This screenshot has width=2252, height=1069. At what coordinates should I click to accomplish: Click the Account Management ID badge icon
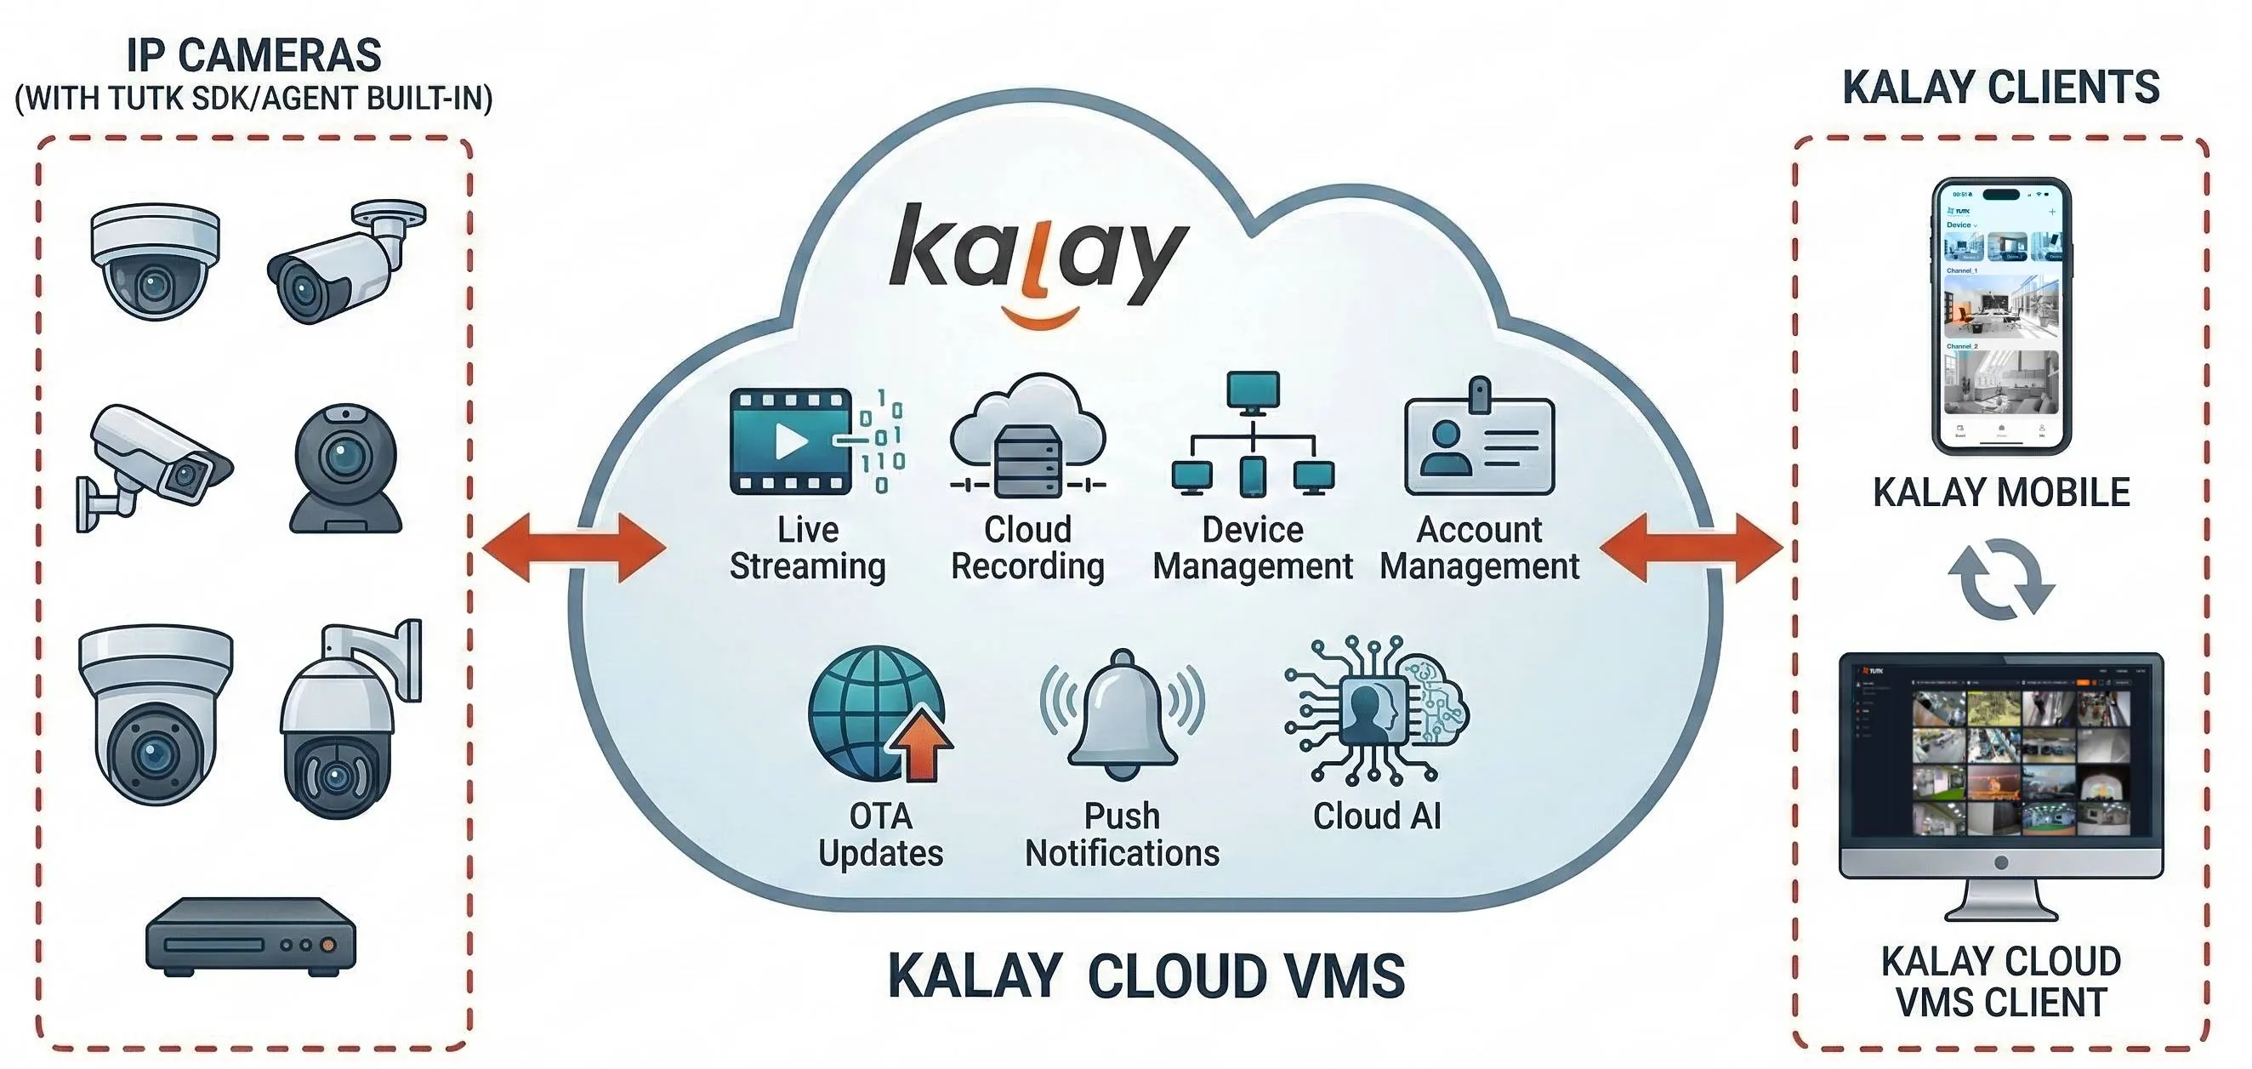point(1479,441)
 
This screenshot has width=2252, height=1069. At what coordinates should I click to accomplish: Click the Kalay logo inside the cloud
point(1038,258)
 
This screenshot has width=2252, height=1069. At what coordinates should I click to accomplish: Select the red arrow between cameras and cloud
point(574,547)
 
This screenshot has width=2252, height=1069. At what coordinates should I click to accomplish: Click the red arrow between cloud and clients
point(1691,547)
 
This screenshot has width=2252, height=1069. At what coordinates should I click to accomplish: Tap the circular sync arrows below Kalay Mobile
point(2001,579)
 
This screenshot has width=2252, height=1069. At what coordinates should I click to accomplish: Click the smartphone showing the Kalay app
point(2001,316)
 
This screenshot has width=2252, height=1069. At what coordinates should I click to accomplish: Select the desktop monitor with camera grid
point(2001,769)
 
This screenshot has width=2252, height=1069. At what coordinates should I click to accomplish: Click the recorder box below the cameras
point(252,937)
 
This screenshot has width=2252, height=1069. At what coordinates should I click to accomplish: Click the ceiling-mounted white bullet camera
point(345,262)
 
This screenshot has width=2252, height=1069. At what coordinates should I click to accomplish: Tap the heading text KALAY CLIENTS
point(2001,88)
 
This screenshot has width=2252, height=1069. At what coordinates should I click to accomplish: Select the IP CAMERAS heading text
point(253,56)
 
